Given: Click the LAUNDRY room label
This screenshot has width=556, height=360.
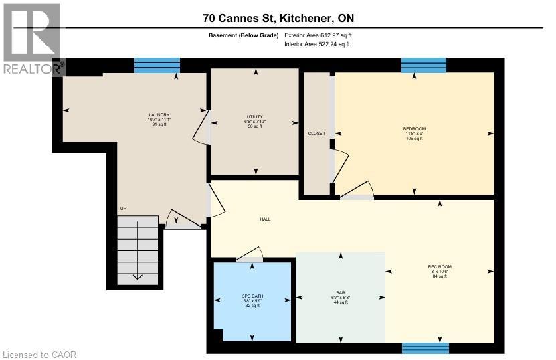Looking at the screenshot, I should point(159,114).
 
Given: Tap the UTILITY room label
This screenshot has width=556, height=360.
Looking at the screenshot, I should point(255,116).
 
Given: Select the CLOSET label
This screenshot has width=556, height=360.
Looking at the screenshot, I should point(316,134).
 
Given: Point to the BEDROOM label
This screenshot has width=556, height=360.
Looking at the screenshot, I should point(413,128).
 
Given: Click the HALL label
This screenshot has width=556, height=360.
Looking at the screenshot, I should point(265,219).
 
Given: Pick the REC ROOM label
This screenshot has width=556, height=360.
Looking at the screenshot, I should point(440,267).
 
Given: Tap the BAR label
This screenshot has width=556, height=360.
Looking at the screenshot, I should point(341,293).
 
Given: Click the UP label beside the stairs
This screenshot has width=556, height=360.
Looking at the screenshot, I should point(123,209).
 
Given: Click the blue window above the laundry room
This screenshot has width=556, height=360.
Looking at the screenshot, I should point(157,65).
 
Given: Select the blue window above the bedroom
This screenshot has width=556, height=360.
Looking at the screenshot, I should point(424,65).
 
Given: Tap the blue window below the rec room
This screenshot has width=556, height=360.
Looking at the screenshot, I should point(425,348).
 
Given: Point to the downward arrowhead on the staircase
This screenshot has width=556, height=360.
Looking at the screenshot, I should point(136,276).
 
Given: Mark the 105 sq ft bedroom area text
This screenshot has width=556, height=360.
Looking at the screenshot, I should point(413,139).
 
